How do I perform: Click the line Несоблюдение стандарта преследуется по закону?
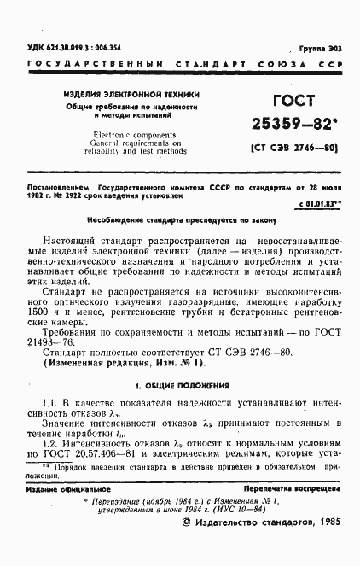(180, 219)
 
